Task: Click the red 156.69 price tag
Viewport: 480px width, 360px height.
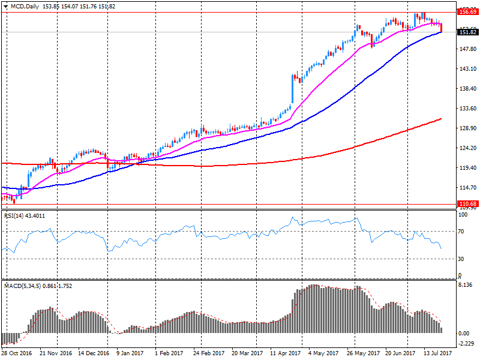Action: coord(467,11)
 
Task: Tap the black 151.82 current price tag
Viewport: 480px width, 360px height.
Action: coord(467,32)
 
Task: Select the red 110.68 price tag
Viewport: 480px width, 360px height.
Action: coord(467,204)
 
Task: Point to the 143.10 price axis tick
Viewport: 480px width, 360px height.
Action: coord(466,69)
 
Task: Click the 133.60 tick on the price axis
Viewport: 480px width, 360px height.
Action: coord(466,109)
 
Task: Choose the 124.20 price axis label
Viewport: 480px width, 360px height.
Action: coord(466,148)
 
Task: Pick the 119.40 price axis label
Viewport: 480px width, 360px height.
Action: coord(466,168)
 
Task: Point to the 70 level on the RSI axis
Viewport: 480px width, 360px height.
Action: coord(461,231)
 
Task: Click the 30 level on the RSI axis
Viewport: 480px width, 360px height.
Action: coord(461,259)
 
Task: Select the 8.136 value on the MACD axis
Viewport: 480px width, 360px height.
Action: coord(465,286)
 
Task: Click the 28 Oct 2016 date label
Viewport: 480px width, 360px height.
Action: coord(17,354)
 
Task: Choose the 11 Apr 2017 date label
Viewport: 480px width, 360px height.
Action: coord(284,354)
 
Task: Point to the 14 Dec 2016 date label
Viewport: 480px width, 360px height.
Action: coord(94,354)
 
